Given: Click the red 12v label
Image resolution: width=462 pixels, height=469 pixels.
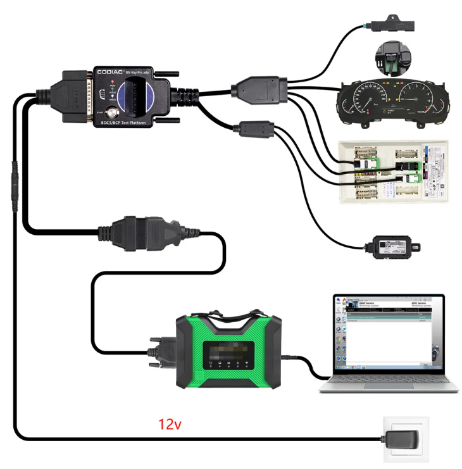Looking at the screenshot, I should (170, 424).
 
